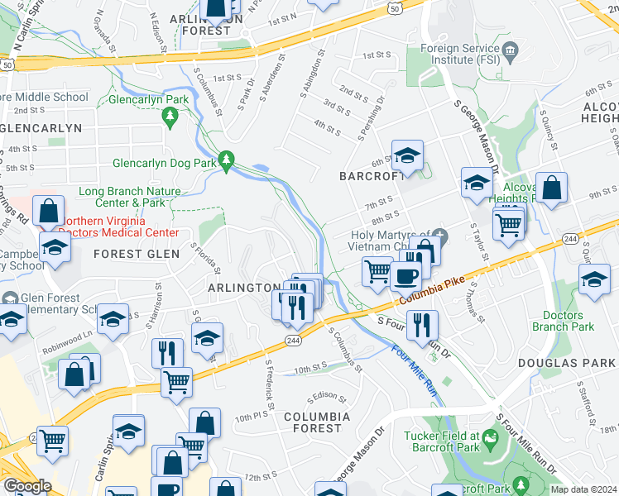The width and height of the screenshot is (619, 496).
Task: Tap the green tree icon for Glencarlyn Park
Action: click(171, 118)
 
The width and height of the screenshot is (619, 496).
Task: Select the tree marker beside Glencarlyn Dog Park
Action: click(226, 160)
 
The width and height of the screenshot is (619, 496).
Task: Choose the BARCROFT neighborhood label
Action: click(371, 176)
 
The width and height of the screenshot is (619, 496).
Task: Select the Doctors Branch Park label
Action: click(569, 321)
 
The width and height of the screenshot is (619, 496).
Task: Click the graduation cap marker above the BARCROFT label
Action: click(407, 155)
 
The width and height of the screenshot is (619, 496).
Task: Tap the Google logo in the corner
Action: click(26, 485)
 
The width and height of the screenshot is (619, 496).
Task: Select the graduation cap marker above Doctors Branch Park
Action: click(594, 279)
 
